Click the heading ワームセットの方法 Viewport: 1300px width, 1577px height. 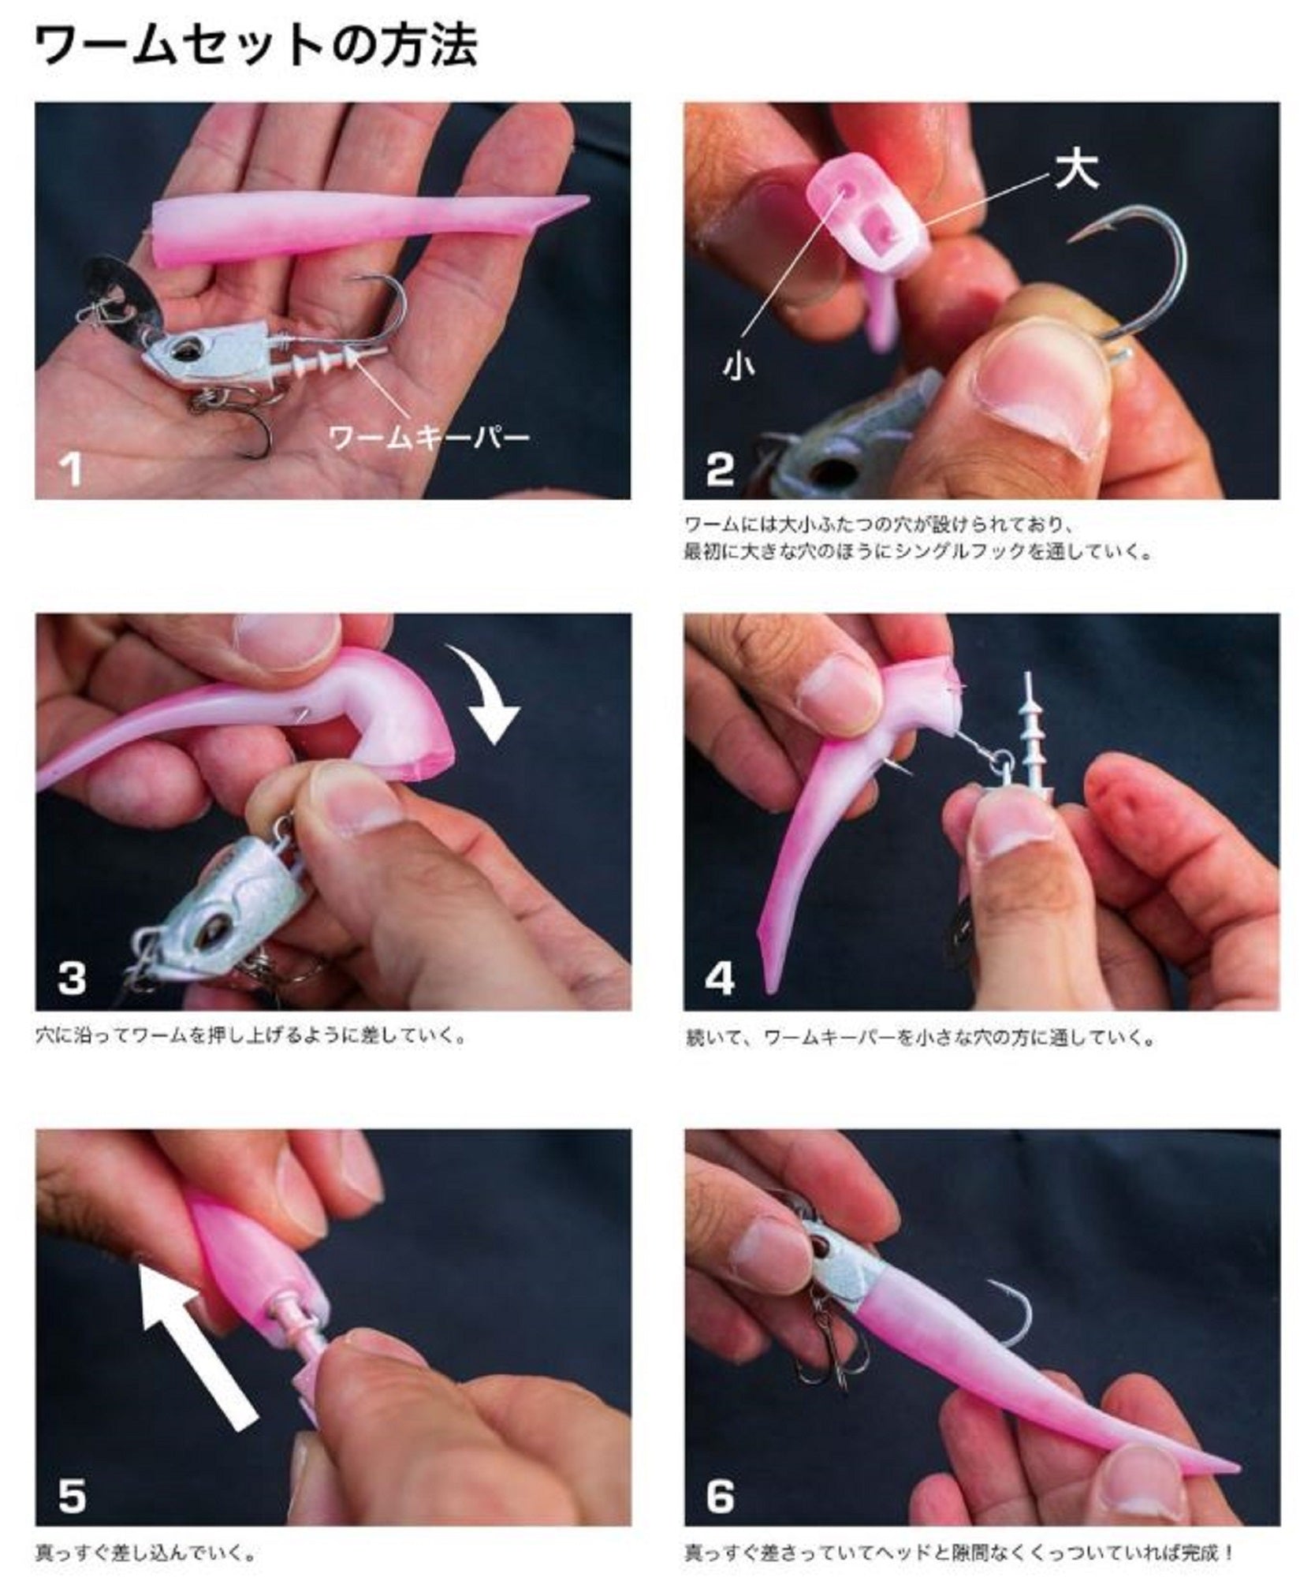coord(257,47)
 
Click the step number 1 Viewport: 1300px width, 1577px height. coord(72,470)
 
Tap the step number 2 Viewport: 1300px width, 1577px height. coord(721,469)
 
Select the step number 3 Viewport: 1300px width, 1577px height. coord(72,979)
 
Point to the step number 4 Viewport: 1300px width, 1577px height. coord(721,979)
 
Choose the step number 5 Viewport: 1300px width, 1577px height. coord(72,1495)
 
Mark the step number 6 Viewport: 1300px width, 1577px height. coord(721,1495)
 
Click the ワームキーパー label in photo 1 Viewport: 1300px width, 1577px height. coord(429,436)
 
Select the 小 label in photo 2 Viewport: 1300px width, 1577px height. coord(738,365)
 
